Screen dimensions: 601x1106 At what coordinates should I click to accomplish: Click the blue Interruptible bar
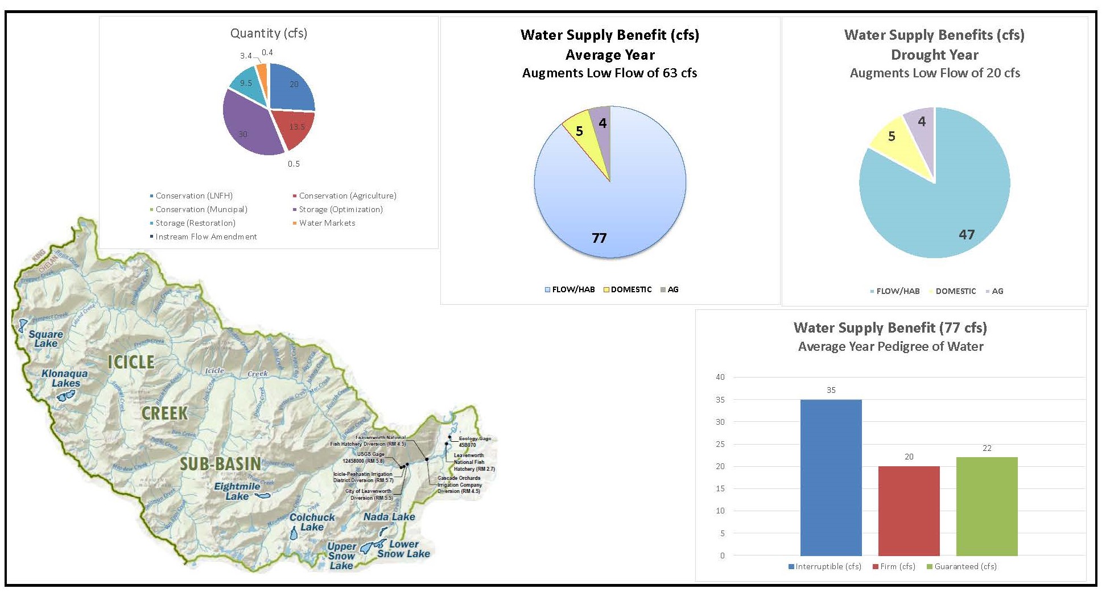point(831,478)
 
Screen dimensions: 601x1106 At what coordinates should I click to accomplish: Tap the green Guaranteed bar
point(987,506)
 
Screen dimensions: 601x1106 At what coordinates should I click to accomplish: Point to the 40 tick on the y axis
point(720,377)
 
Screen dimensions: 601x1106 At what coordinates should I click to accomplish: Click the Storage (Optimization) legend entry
point(340,209)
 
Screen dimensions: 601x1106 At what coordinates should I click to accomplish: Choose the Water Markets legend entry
point(327,223)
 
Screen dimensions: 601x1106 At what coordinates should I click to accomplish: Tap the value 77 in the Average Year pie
point(599,238)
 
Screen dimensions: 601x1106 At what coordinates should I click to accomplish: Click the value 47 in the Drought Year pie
point(967,234)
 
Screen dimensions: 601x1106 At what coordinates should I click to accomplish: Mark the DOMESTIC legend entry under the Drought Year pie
point(955,291)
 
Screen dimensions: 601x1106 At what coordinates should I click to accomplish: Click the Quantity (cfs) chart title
point(269,33)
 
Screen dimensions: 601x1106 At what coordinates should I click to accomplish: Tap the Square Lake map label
point(46,339)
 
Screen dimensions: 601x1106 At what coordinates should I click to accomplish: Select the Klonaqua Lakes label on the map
point(65,378)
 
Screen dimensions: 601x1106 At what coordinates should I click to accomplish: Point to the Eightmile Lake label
point(237,491)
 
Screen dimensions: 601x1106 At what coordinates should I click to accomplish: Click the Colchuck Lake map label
point(312,522)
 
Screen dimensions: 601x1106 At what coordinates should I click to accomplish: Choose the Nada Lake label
point(389,517)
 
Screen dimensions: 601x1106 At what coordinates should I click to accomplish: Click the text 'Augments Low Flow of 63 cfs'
point(609,73)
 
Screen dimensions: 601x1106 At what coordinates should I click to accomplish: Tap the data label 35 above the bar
point(831,390)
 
